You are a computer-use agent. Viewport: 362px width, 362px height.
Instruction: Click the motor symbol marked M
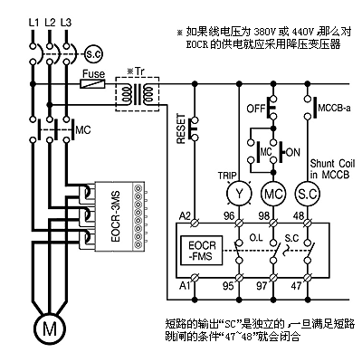pyautogui.click(x=50, y=329)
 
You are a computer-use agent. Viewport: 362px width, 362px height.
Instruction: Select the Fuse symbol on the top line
pyautogui.click(x=92, y=84)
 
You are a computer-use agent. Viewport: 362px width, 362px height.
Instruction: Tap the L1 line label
pyautogui.click(x=33, y=23)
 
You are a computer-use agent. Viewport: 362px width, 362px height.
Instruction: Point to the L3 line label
pyautogui.click(x=66, y=23)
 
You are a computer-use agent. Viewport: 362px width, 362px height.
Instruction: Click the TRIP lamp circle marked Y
pyautogui.click(x=239, y=194)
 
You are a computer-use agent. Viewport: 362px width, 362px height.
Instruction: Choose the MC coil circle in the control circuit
pyautogui.click(x=273, y=194)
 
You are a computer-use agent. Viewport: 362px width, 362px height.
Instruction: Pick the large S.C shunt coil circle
pyautogui.click(x=307, y=194)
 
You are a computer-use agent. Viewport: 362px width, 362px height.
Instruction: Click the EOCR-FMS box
pyautogui.click(x=202, y=251)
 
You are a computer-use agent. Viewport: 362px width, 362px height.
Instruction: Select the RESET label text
pyautogui.click(x=181, y=129)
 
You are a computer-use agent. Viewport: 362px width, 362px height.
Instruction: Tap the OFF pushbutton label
pyautogui.click(x=256, y=109)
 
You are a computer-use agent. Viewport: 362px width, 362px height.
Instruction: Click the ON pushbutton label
pyautogui.click(x=292, y=152)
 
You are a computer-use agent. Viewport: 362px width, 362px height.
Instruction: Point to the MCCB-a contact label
pyautogui.click(x=334, y=108)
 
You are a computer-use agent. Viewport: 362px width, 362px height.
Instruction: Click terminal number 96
pyautogui.click(x=229, y=215)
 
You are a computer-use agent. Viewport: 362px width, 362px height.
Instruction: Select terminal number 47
pyautogui.click(x=297, y=285)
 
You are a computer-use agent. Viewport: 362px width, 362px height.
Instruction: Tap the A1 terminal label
pyautogui.click(x=185, y=285)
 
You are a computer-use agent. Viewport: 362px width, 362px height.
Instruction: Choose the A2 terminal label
pyautogui.click(x=185, y=215)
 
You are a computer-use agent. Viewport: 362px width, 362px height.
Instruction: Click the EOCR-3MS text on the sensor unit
pyautogui.click(x=116, y=216)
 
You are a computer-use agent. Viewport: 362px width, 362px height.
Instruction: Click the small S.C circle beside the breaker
pyautogui.click(x=93, y=54)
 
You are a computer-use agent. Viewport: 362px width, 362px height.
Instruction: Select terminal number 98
pyautogui.click(x=264, y=215)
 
